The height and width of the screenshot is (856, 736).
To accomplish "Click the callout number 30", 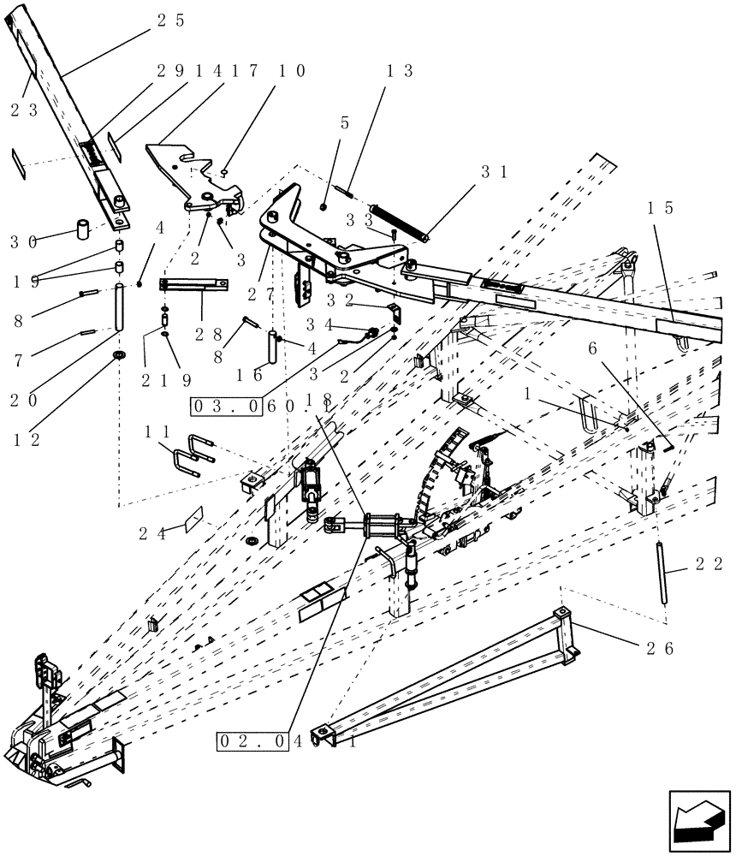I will [32, 242].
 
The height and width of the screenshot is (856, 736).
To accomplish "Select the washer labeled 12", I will [117, 354].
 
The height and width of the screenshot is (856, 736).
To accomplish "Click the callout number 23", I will [25, 110].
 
